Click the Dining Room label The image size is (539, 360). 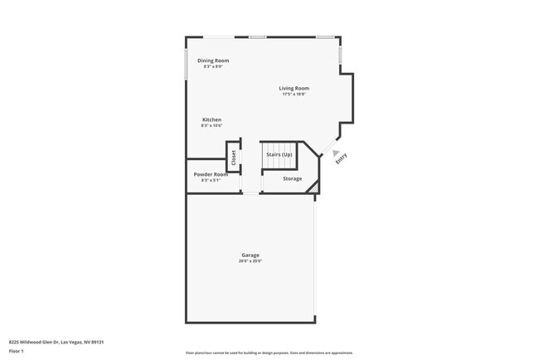point(213,61)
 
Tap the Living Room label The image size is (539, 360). point(294,88)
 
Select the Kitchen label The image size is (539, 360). point(211,119)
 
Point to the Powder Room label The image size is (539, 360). point(211,174)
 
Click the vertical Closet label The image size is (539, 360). point(234,157)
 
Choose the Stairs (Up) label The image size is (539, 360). point(279,154)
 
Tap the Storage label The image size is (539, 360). point(292,178)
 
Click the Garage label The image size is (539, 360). point(250,255)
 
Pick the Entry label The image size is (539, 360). point(341,158)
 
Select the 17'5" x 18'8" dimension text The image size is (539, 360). point(294,95)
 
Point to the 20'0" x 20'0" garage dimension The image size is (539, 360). point(250,261)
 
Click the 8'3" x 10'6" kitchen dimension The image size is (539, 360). point(211,126)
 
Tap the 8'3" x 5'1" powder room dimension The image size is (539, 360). point(211,180)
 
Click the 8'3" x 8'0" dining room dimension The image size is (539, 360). point(213,66)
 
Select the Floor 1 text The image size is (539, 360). point(16,351)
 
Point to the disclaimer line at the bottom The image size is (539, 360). point(269,353)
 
